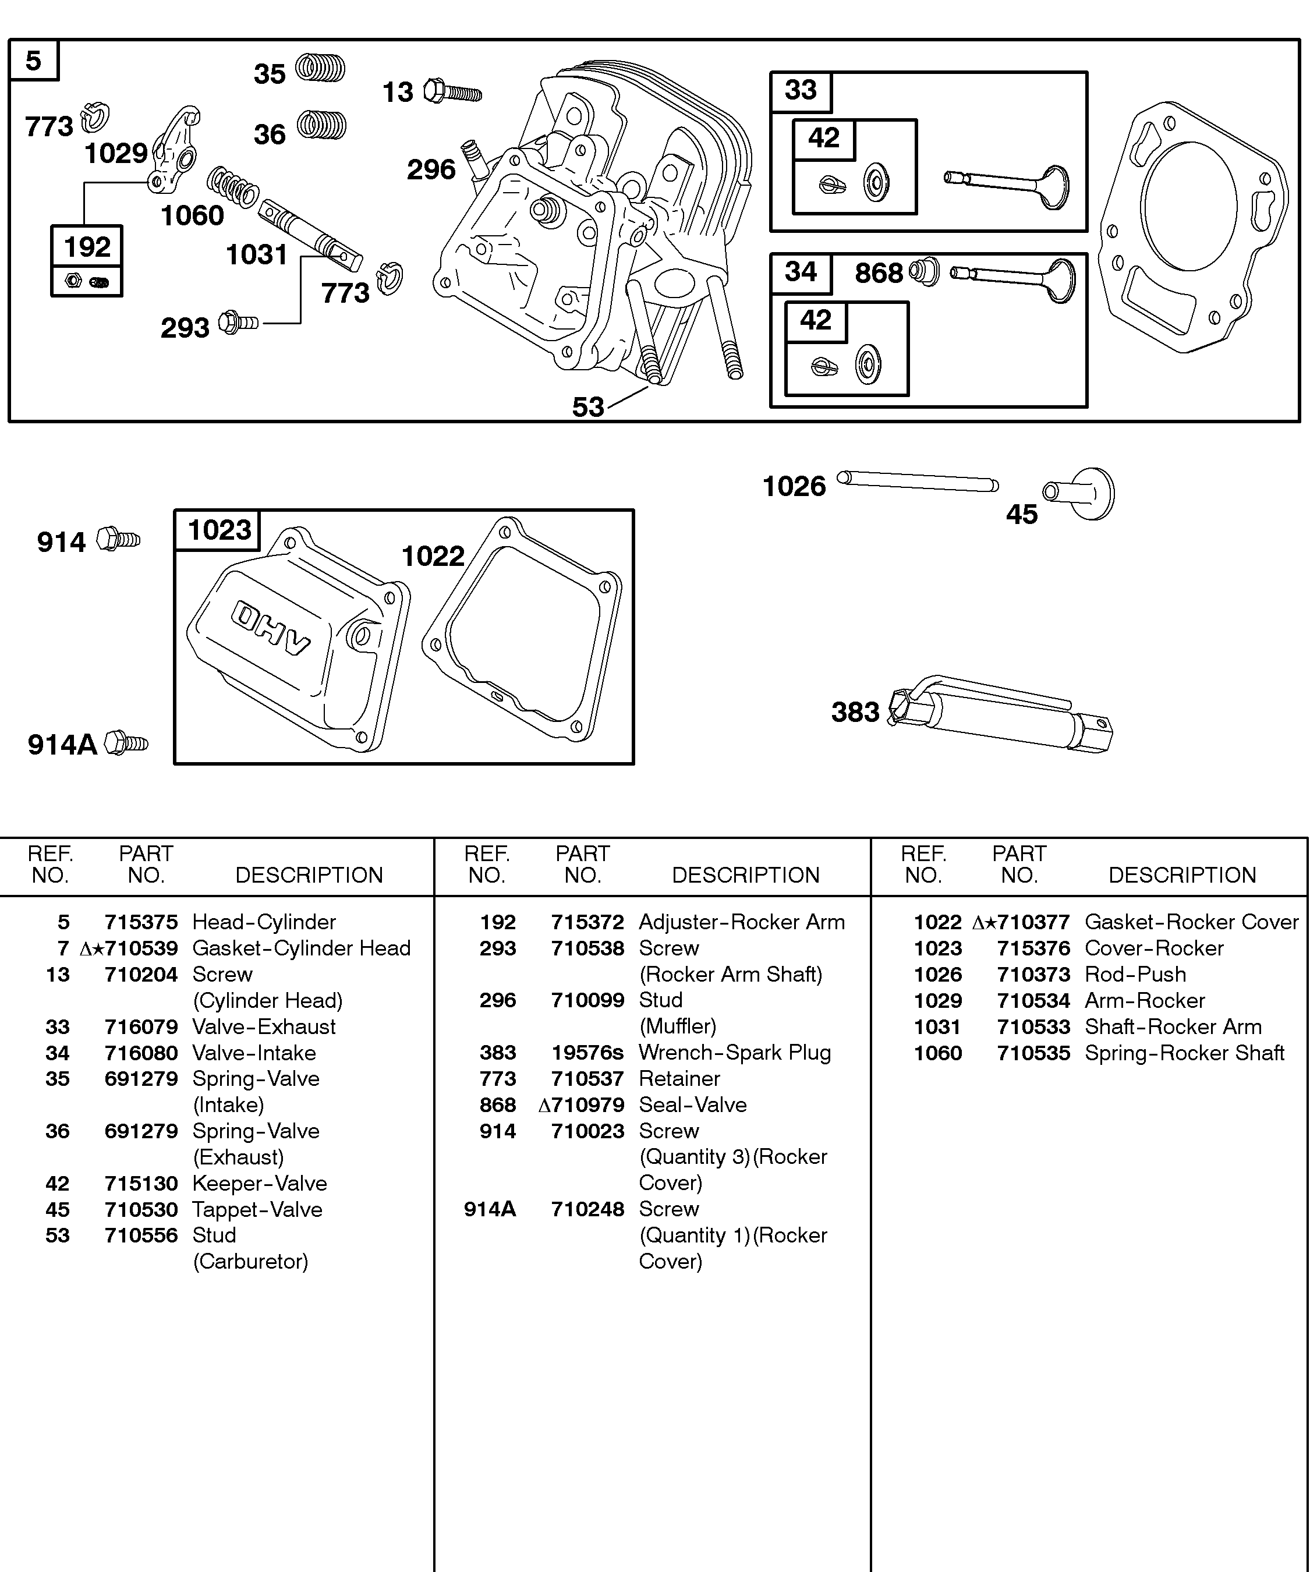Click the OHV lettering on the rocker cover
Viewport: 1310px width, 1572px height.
click(270, 627)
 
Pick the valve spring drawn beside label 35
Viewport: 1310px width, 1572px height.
click(320, 68)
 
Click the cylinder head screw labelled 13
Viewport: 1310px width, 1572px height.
click(452, 92)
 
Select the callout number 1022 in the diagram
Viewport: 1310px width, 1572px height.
click(433, 556)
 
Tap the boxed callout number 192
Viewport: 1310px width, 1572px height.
click(87, 247)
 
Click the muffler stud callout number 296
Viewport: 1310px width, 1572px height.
click(431, 170)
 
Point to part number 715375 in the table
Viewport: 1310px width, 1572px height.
click(141, 922)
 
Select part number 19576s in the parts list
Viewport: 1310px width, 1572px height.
click(587, 1053)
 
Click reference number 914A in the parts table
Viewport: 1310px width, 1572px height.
click(490, 1209)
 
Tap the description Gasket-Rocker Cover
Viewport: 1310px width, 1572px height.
click(1191, 922)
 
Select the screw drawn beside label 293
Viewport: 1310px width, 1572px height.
click(238, 323)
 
